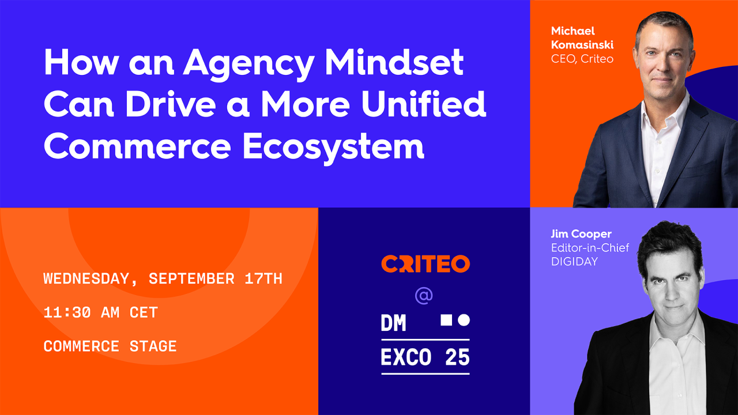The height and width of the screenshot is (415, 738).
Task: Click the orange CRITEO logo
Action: click(x=426, y=264)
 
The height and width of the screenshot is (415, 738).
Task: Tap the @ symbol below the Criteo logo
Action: click(x=424, y=296)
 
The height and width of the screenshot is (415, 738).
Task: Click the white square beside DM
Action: click(x=446, y=320)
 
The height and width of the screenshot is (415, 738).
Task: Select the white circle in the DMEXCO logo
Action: click(x=464, y=320)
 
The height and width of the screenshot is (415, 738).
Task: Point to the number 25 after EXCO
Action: click(x=457, y=357)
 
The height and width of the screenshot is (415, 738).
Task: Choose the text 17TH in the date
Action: click(x=263, y=279)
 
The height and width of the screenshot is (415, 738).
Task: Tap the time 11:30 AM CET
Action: click(x=100, y=312)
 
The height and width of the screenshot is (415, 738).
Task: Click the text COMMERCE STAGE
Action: click(x=110, y=346)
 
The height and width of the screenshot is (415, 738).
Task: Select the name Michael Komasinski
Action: click(x=582, y=37)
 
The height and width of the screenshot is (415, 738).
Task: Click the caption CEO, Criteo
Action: click(x=582, y=59)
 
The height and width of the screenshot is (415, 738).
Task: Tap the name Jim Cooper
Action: click(x=581, y=234)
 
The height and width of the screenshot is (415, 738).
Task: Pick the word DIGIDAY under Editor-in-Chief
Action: click(x=574, y=262)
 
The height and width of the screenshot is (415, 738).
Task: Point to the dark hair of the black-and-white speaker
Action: click(x=669, y=242)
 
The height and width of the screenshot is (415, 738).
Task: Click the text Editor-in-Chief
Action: click(x=590, y=248)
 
